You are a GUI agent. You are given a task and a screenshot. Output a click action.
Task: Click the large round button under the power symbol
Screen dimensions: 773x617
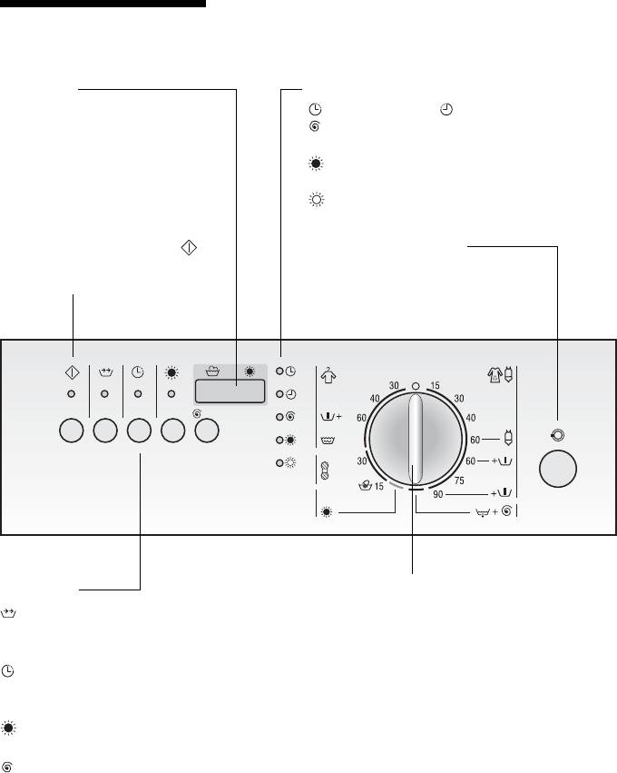[558, 468]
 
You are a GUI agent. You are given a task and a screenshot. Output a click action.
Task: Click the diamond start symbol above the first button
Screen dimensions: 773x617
[73, 371]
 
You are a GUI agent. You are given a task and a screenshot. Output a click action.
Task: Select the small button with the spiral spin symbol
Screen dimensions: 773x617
[207, 431]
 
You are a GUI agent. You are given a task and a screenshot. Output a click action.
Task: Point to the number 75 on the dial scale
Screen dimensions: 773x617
[459, 481]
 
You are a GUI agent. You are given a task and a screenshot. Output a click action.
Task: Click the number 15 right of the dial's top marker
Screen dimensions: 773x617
[435, 386]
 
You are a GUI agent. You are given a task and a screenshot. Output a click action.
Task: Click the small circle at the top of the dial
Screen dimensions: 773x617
[415, 385]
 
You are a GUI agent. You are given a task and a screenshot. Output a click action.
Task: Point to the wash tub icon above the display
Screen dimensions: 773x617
[213, 371]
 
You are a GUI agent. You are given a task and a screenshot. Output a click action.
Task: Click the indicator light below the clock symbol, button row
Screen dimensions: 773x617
[138, 394]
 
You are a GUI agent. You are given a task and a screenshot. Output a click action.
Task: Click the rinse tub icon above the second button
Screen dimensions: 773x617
[105, 371]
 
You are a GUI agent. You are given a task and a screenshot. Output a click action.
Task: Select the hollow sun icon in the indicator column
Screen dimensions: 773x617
[291, 463]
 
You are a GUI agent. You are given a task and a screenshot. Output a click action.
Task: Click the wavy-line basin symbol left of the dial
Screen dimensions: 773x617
[328, 440]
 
